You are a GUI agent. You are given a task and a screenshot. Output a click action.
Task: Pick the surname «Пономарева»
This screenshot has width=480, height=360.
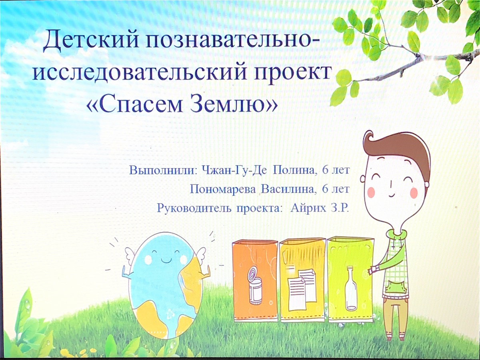point(222,189)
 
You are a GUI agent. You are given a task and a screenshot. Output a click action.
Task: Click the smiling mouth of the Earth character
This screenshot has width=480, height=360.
point(165,262)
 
